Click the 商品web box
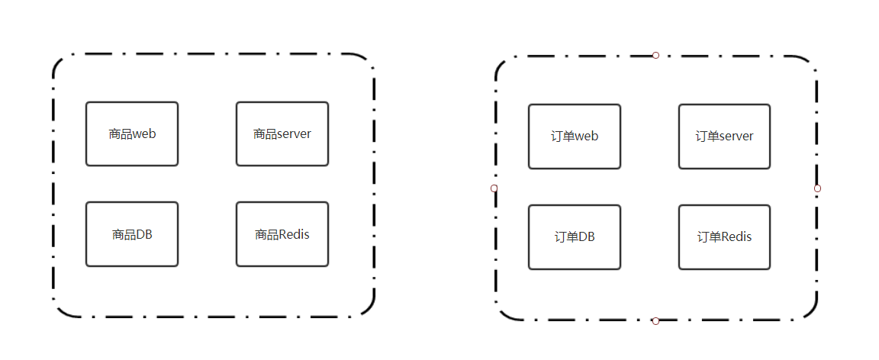(x=131, y=133)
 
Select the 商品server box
(x=282, y=133)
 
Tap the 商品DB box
(x=131, y=234)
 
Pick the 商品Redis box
(x=282, y=234)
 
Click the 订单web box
(x=574, y=137)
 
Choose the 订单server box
(x=724, y=137)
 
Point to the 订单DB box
(x=574, y=237)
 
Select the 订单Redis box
(x=724, y=237)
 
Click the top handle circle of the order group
(x=655, y=55)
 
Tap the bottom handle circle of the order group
(x=655, y=321)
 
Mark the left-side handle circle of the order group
(x=494, y=188)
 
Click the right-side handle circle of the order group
(x=817, y=188)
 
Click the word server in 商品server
(x=294, y=134)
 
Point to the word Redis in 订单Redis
(x=736, y=237)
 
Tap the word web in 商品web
(x=144, y=134)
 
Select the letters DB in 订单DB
(x=586, y=237)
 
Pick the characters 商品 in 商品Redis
(x=266, y=234)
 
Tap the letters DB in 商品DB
(x=144, y=234)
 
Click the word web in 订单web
(x=587, y=137)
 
